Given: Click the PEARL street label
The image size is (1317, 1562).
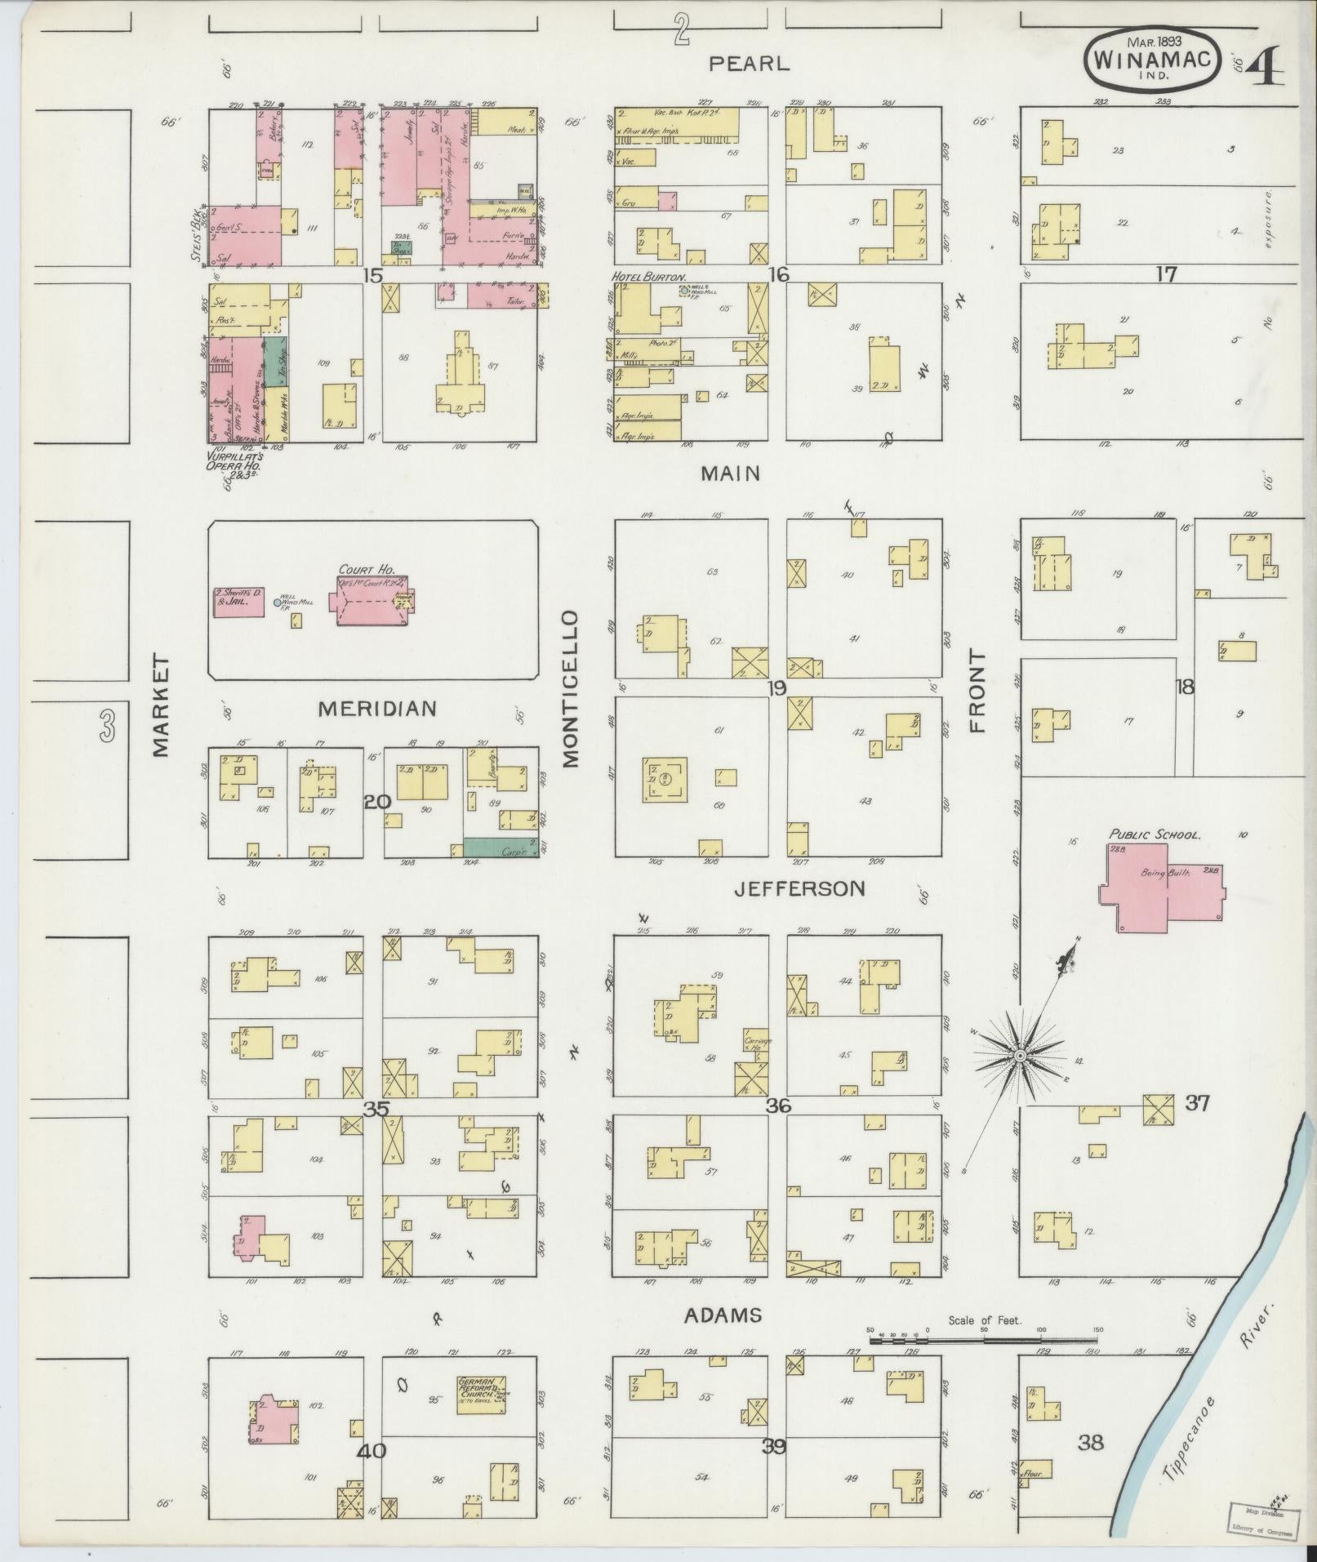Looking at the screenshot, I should point(749,64).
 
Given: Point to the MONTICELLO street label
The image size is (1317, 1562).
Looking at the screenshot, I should point(570,689).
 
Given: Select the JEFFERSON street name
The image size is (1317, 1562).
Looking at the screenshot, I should point(799,888).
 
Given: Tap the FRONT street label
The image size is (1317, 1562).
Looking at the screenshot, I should point(977,690).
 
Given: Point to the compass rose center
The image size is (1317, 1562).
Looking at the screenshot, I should point(1020,1056).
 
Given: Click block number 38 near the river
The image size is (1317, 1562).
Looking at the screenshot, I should point(1090,1442).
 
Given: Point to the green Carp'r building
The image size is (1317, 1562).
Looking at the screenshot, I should point(501,847).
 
